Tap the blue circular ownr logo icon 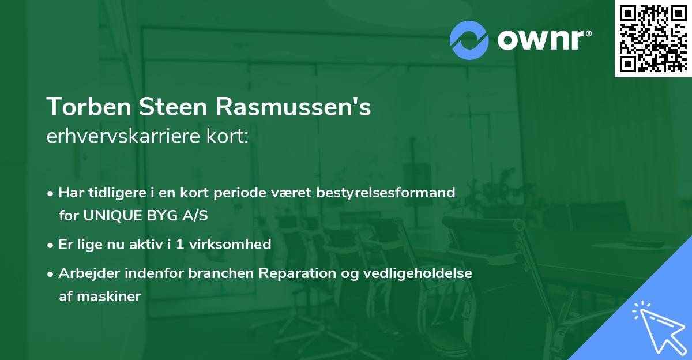(x=469, y=40)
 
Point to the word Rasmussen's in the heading (x=294, y=107)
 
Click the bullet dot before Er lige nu (x=51, y=245)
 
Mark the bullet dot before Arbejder (x=51, y=273)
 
